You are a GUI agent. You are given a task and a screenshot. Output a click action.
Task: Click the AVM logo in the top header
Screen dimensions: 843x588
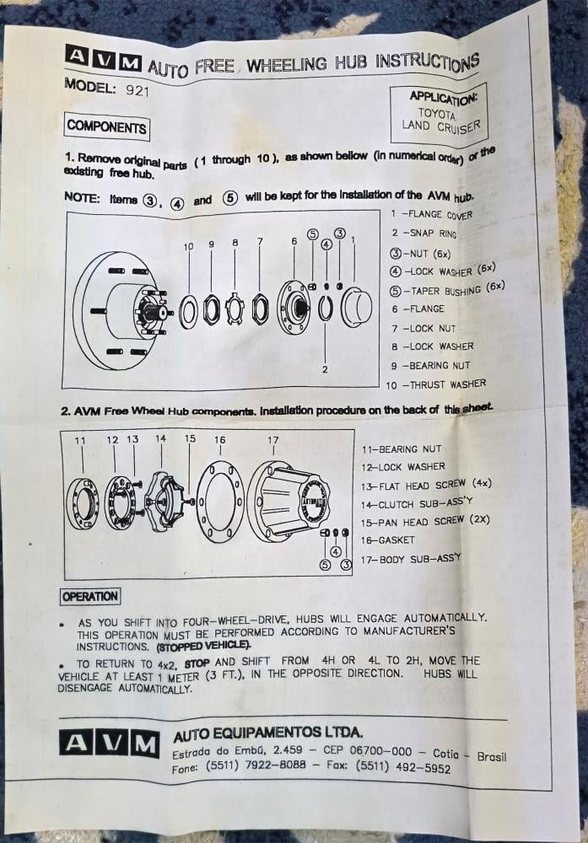click(103, 60)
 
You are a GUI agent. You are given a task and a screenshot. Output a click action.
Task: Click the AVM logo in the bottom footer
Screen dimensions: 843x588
click(109, 743)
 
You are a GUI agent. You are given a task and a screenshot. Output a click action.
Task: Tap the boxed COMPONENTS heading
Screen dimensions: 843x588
click(107, 126)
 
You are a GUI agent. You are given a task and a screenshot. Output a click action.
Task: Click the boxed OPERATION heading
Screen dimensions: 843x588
click(90, 597)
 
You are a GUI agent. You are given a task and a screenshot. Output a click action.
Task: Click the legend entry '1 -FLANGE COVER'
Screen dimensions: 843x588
click(431, 214)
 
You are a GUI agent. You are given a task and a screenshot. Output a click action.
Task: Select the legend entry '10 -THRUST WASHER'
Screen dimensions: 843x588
click(435, 384)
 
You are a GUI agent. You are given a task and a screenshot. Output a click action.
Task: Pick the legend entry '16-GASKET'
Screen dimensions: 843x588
click(388, 540)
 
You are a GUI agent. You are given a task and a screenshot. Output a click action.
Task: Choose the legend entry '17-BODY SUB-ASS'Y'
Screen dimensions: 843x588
click(412, 558)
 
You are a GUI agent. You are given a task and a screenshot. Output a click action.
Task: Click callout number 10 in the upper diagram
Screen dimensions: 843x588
click(188, 246)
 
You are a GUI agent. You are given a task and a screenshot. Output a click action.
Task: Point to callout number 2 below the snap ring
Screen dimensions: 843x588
click(325, 369)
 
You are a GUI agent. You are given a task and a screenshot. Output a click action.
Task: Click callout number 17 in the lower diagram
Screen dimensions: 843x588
click(272, 440)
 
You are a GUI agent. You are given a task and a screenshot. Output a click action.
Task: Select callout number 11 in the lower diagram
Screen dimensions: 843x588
click(80, 441)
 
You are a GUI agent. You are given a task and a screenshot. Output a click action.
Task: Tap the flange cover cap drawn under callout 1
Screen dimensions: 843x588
click(357, 307)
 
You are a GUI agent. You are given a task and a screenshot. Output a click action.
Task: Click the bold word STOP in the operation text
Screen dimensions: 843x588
click(197, 663)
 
